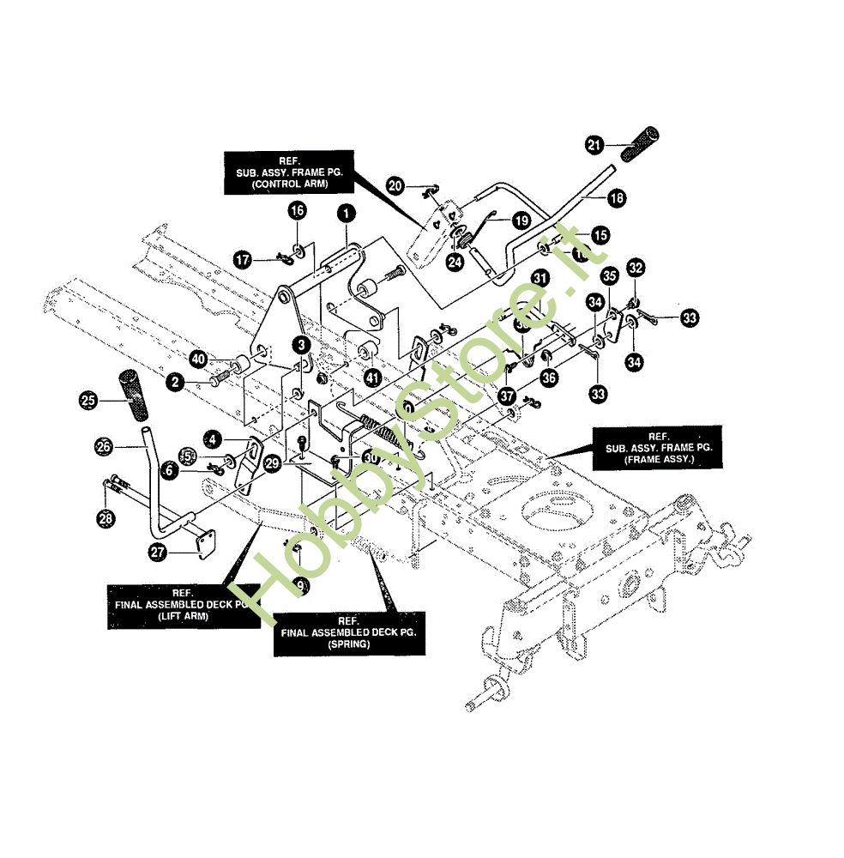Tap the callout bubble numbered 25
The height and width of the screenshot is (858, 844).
tap(87, 400)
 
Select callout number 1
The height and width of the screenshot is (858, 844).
tap(345, 213)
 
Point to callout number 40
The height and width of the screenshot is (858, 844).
tap(199, 358)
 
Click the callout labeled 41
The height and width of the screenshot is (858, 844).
tap(371, 377)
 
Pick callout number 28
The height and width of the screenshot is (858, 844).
tap(105, 518)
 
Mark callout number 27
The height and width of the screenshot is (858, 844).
tap(157, 553)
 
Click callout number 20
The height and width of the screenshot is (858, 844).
tap(395, 184)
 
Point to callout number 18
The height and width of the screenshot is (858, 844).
tap(615, 198)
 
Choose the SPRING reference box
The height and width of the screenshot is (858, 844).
tap(347, 634)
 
